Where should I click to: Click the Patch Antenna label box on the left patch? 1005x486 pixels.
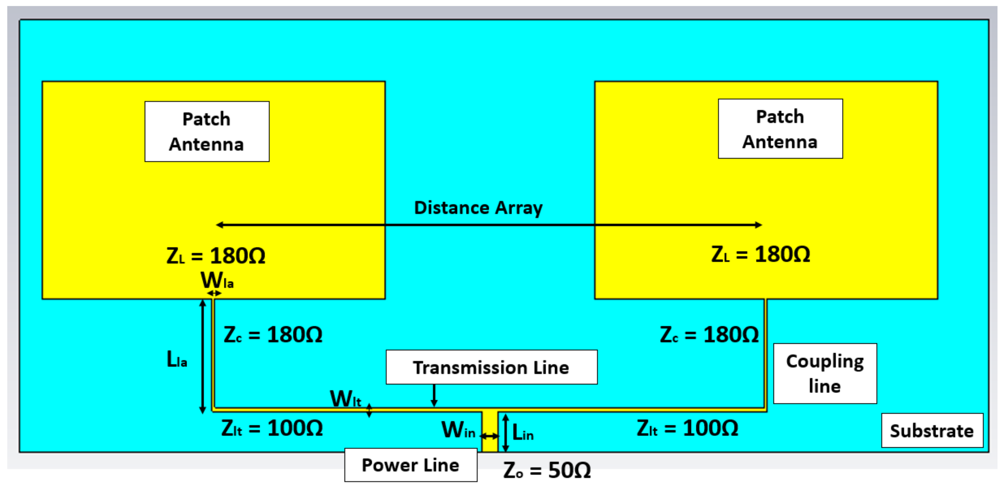coord(207,131)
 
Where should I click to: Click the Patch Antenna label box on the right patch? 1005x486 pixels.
coord(780,129)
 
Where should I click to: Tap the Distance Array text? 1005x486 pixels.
coord(478,208)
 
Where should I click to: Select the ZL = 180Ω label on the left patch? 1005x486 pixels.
coord(216,256)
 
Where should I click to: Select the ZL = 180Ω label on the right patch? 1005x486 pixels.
coord(761,254)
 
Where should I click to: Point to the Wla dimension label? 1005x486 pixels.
coord(217,280)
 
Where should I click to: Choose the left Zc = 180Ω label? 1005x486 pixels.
coord(273,335)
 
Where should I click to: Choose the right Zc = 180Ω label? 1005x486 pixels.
coord(709,335)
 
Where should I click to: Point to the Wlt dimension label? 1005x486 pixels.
coord(346,399)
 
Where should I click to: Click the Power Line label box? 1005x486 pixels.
coord(411,465)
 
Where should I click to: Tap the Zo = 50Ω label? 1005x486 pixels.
coord(547,470)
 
